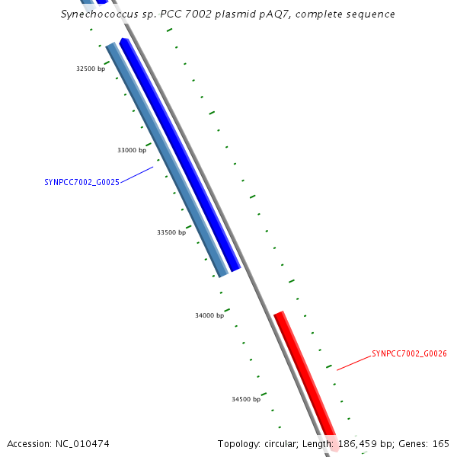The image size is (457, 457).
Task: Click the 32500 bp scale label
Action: (91, 69)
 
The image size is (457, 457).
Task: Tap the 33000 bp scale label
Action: (132, 150)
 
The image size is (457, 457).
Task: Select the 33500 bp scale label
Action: (171, 232)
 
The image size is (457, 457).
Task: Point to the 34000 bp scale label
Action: (209, 315)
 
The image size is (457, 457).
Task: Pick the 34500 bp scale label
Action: (246, 399)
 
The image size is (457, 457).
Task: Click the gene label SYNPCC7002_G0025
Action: (82, 183)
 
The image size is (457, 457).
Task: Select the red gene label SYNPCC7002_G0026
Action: (409, 354)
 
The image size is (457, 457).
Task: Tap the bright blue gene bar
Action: (180, 155)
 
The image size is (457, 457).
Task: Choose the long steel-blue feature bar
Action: (167, 160)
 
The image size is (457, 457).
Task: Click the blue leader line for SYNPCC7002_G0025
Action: (136, 175)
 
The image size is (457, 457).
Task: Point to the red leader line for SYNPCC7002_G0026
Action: (354, 363)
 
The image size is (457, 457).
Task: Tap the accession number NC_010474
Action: (82, 444)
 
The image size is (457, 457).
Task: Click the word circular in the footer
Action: (281, 444)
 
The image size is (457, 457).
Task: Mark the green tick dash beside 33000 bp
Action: (149, 145)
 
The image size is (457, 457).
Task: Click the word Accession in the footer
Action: (29, 444)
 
